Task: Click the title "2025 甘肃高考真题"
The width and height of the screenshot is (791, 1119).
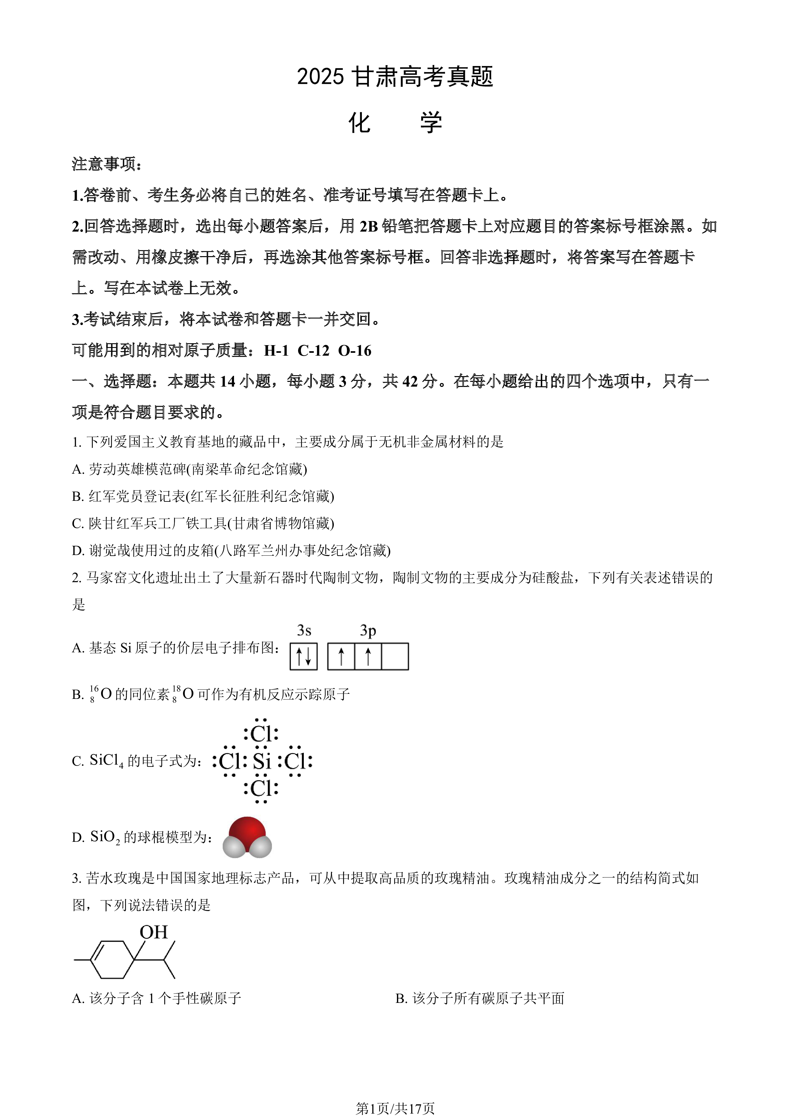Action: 395,77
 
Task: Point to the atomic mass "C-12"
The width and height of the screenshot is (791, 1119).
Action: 313,351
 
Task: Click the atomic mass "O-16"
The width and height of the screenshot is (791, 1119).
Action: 355,351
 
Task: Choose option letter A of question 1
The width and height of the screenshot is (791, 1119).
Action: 78,469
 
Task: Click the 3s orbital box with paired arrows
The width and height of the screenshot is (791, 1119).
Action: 304,656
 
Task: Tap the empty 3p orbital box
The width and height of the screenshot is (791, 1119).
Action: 395,656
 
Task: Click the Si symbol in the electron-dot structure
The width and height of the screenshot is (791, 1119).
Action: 261,761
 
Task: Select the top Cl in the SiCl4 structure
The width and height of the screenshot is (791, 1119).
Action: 261,733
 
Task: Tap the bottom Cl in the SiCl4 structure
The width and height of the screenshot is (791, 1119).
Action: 261,789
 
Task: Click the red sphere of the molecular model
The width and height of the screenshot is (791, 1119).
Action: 247,833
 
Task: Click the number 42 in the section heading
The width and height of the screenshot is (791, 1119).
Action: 411,381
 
